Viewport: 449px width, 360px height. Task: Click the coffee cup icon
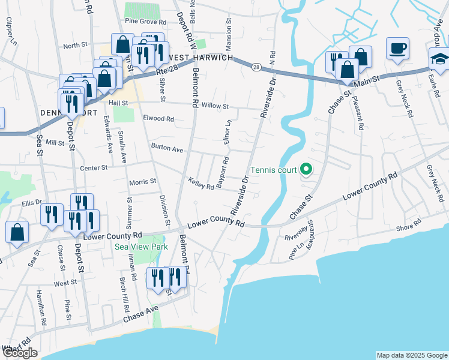click(x=397, y=48)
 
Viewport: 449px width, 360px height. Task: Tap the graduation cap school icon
click(x=439, y=59)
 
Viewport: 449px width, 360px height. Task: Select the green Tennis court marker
click(x=306, y=170)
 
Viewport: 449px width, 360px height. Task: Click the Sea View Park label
click(x=142, y=247)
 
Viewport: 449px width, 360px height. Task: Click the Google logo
click(x=20, y=352)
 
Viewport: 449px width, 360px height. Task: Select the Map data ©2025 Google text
click(x=411, y=355)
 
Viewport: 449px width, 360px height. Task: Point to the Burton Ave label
click(x=166, y=147)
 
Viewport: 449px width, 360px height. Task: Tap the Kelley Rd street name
click(x=200, y=183)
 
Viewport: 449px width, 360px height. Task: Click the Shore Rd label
click(x=409, y=228)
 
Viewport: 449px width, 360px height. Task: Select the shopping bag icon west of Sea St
click(x=17, y=233)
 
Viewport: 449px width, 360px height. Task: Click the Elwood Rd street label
click(x=158, y=119)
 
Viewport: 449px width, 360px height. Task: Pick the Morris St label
click(x=142, y=181)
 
